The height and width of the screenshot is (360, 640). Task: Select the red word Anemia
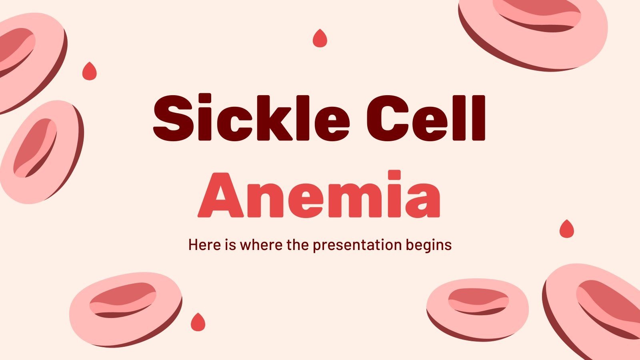[319, 195]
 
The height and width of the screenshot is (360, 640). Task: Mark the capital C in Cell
[386, 118]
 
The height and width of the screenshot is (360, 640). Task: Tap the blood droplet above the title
[319, 38]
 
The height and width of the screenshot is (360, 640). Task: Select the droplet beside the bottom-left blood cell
[198, 322]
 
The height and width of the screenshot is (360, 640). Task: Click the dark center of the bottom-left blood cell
[122, 300]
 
